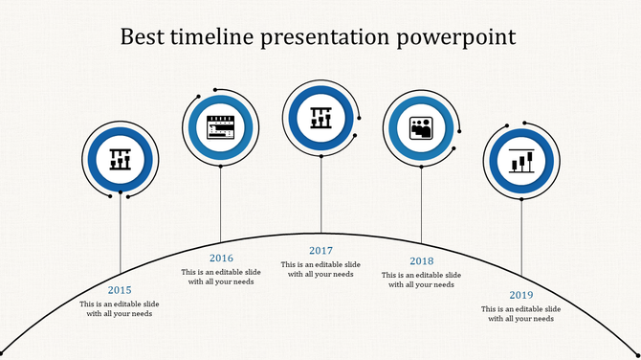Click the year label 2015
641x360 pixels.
[x=120, y=290]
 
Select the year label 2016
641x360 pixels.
[x=221, y=258]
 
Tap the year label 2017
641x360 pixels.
[x=320, y=251]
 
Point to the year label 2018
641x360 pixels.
[x=421, y=261]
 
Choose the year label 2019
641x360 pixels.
[x=521, y=295]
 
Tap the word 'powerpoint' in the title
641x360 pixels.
[x=453, y=37]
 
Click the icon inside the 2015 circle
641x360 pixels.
[x=120, y=158]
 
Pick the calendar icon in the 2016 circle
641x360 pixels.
[x=221, y=127]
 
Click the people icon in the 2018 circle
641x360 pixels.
[x=421, y=127]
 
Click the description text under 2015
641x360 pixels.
[x=120, y=309]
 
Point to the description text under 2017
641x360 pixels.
[x=320, y=269]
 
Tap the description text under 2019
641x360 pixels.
[x=521, y=314]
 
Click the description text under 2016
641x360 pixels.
[x=221, y=277]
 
